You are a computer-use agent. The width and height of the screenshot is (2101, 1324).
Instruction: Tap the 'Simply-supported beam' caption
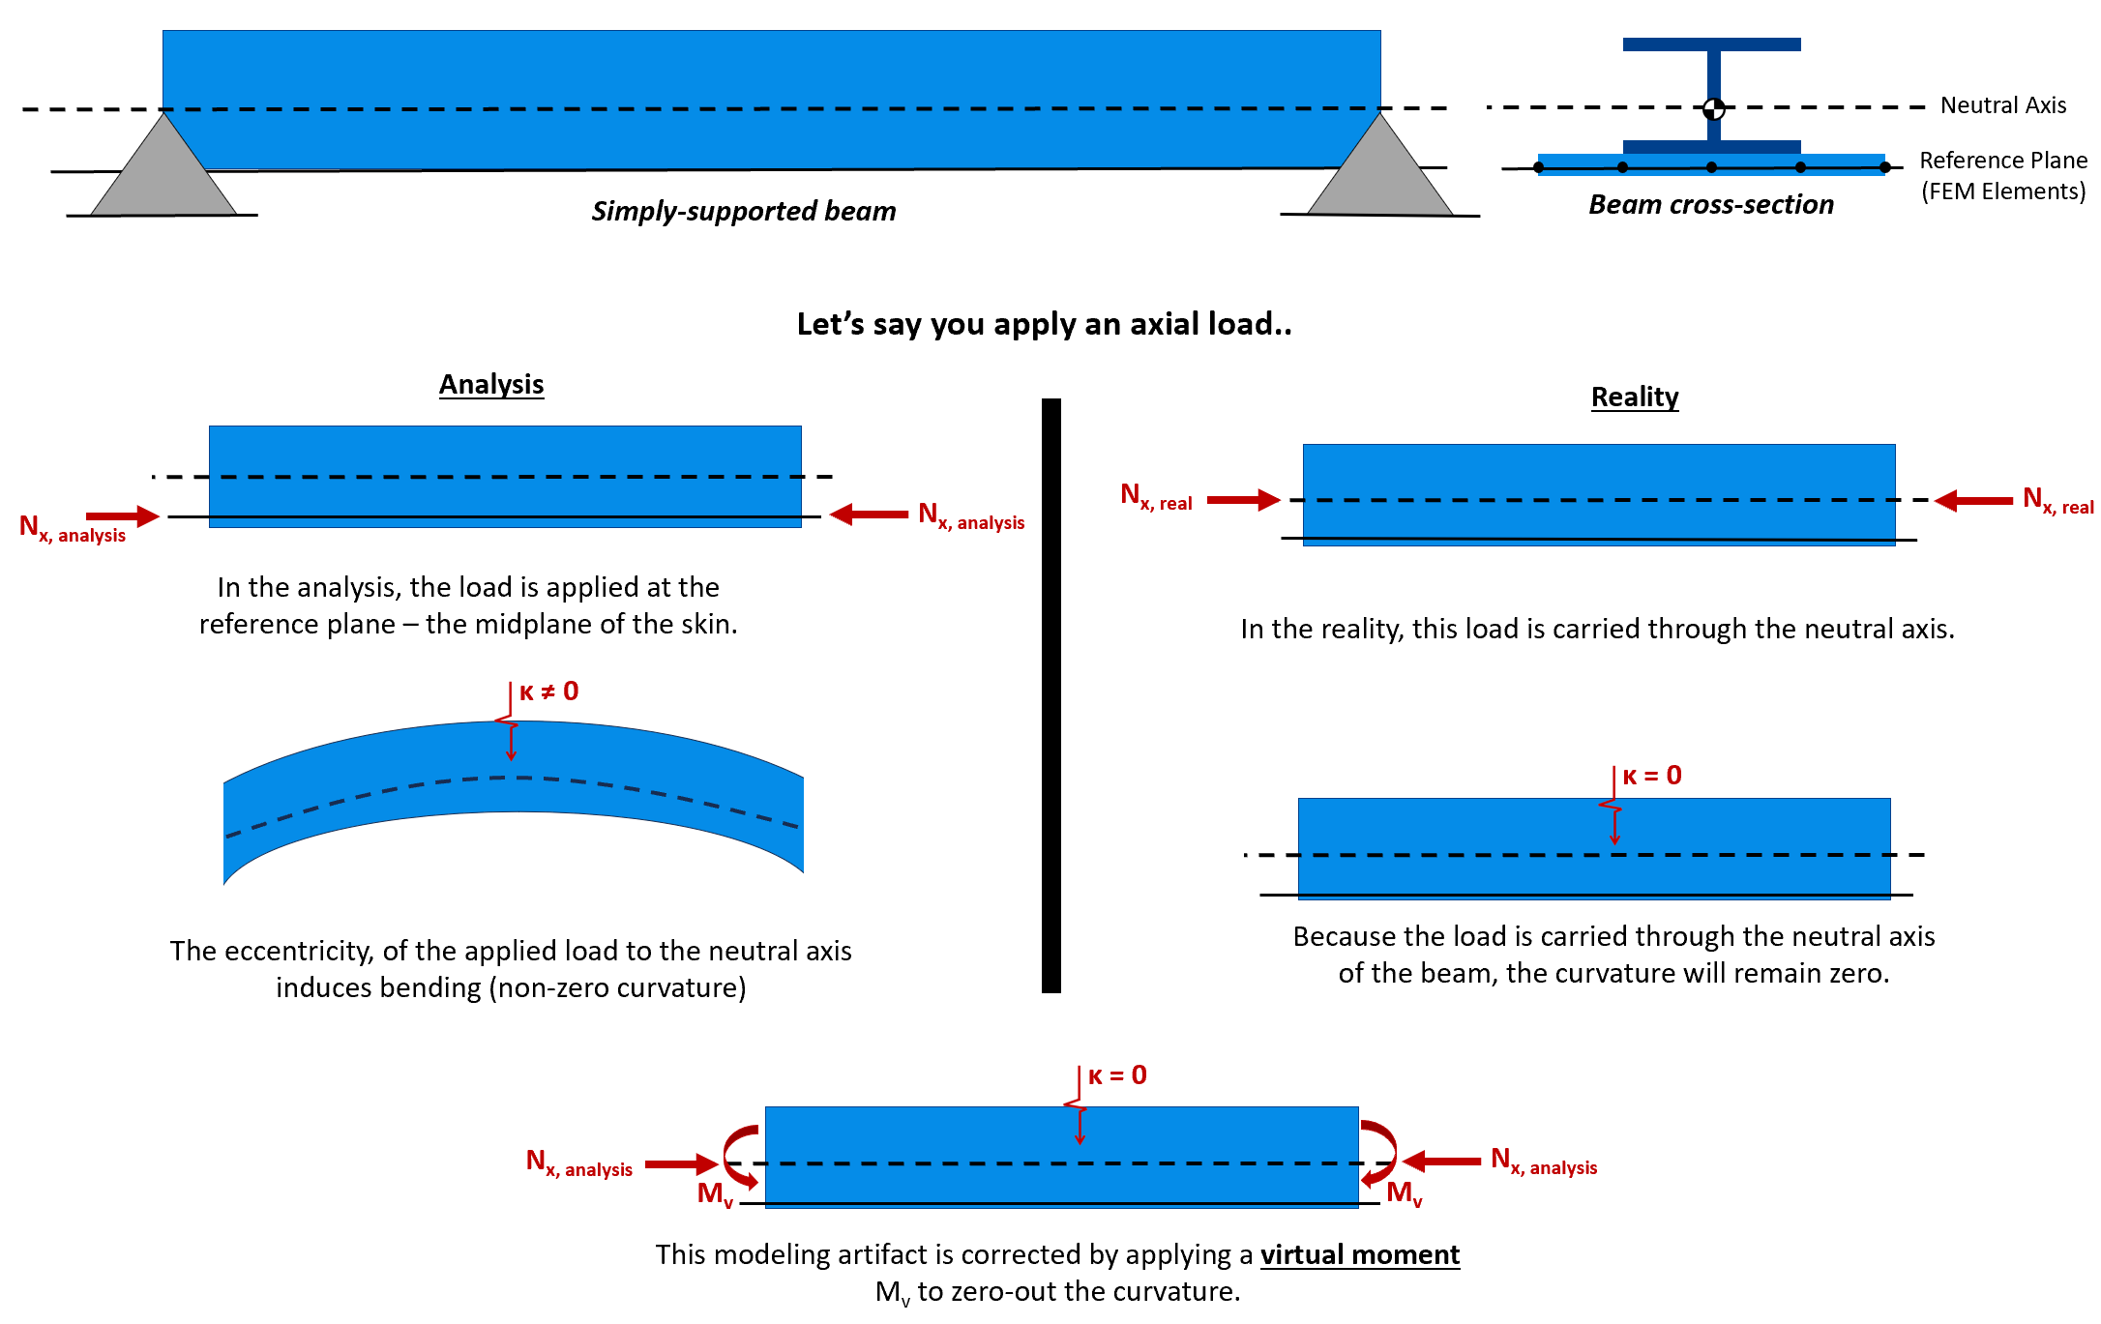coord(744,211)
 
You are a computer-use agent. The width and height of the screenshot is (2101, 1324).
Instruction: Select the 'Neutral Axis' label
coord(2003,105)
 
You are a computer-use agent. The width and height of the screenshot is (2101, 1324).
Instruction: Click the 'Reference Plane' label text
coord(2003,160)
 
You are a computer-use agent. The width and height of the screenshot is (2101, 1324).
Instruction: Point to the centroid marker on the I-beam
coord(1713,107)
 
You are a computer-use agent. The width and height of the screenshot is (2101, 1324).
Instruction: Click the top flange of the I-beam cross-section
coord(1712,44)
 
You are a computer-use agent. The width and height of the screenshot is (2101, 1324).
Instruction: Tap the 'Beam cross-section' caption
coord(1711,205)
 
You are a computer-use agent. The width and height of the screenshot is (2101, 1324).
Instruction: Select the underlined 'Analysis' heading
coord(491,385)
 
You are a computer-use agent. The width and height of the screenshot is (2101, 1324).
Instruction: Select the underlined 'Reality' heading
coord(1635,397)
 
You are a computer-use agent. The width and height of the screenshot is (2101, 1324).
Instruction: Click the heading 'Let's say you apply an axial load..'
coord(1045,324)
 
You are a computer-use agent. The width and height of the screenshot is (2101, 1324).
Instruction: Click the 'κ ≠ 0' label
coord(548,691)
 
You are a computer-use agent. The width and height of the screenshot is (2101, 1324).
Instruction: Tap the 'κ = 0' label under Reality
coord(1652,776)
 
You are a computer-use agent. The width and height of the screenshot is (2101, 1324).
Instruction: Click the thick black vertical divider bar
coord(1051,695)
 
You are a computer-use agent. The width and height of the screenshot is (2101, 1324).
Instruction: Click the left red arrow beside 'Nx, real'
coord(1244,500)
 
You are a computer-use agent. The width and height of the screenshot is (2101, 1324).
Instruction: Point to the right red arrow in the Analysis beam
coord(869,515)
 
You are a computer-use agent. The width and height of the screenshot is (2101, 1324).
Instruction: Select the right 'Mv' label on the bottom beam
coord(1405,1193)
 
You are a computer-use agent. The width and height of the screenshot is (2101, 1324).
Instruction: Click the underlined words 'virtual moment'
coord(1360,1254)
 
